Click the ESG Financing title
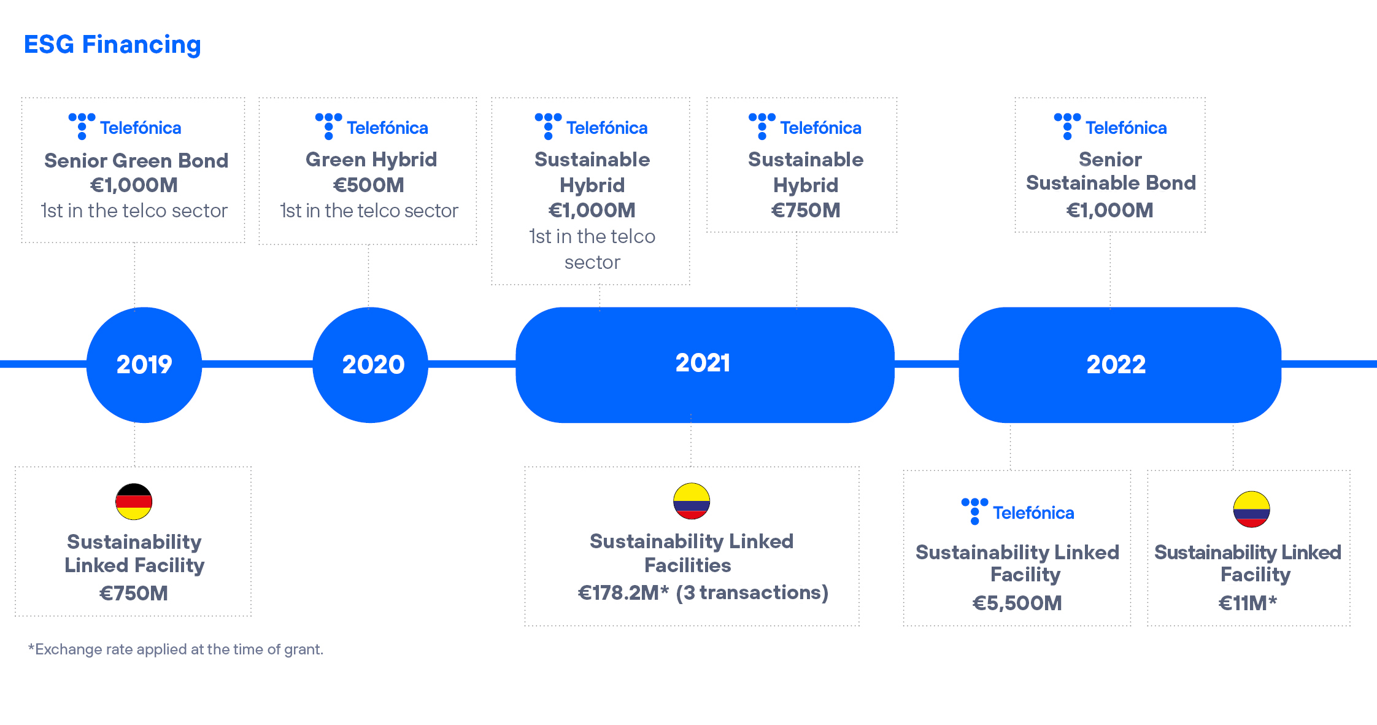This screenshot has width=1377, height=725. click(x=112, y=45)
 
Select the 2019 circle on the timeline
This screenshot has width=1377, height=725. click(x=144, y=365)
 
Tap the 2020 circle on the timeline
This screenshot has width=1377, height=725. click(x=371, y=365)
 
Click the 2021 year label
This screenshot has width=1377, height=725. click(x=703, y=363)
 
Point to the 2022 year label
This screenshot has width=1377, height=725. click(x=1116, y=365)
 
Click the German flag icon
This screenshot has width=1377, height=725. click(x=134, y=502)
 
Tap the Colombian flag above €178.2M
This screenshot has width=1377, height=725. click(x=692, y=501)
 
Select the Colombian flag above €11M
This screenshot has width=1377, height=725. click(x=1252, y=509)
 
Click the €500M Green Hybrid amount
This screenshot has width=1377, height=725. click(x=369, y=185)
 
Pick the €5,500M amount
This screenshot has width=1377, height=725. click(x=1017, y=603)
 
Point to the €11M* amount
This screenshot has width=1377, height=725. click(x=1248, y=603)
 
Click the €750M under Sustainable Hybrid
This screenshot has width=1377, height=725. click(x=806, y=211)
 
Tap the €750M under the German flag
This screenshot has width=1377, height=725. click(x=134, y=593)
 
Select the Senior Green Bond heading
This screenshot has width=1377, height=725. click(x=136, y=161)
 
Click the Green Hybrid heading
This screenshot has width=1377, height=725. click(x=371, y=160)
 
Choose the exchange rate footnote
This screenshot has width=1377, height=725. click(x=175, y=649)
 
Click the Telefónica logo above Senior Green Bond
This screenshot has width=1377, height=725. click(x=125, y=126)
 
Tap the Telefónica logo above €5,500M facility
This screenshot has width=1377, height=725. click(x=1017, y=511)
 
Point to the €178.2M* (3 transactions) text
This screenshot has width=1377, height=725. click(x=703, y=592)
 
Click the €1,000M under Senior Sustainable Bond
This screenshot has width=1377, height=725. click(x=1110, y=211)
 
